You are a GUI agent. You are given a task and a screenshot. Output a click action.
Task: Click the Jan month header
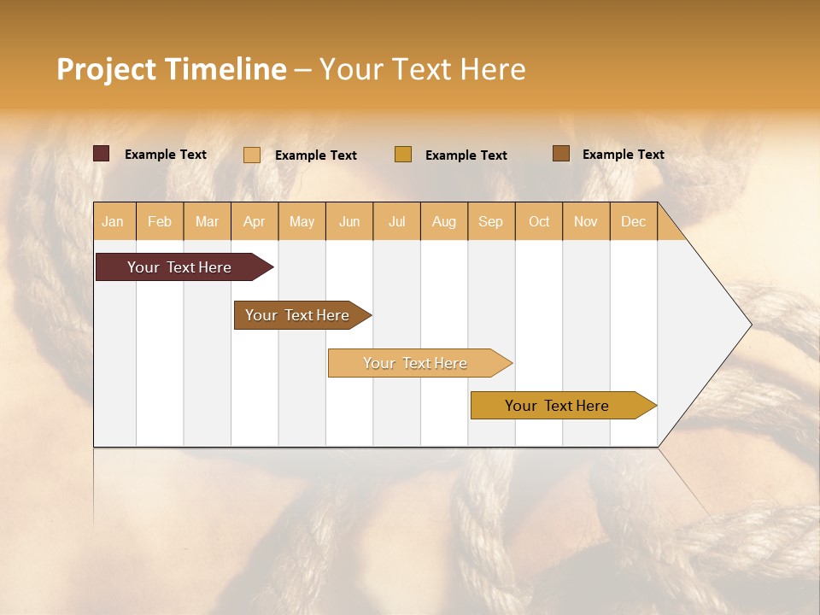113,221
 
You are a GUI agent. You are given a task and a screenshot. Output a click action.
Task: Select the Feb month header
160,221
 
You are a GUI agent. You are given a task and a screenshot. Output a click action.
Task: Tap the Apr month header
254,221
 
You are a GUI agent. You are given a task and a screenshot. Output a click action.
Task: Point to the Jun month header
349,221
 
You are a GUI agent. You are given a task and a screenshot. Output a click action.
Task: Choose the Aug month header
443,221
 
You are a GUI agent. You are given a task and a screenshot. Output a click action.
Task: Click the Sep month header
490,221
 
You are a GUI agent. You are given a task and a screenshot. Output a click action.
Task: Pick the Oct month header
539,221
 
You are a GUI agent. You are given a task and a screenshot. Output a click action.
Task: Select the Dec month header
633,221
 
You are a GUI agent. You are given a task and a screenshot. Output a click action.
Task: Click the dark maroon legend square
102,154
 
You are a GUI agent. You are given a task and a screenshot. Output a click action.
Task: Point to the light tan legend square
252,155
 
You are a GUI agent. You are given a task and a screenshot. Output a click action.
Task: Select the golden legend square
403,154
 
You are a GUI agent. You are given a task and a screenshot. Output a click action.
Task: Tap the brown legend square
561,154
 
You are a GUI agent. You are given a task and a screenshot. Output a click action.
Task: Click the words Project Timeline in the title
172,69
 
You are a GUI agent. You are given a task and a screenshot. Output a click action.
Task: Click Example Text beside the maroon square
166,155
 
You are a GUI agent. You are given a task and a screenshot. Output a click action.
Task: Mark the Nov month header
585,221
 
